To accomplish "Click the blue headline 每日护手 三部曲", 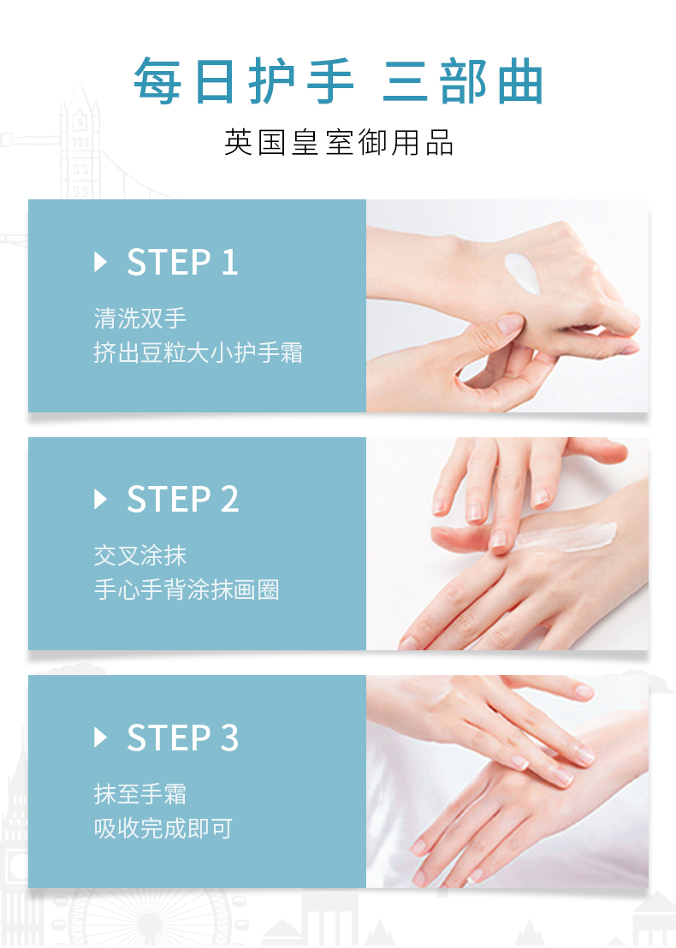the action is point(338,81).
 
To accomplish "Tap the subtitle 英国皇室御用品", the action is point(339,143).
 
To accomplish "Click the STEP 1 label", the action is point(182,263).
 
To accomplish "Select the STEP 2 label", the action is point(182,500).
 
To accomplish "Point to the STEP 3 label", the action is point(182,738).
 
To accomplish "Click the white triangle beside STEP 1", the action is point(100,263).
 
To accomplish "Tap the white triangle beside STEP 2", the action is point(100,500).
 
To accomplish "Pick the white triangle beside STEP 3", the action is point(100,738).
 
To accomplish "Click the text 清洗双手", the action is point(139,318).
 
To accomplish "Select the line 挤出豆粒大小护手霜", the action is point(199,353).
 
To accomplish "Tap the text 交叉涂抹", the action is point(139,555).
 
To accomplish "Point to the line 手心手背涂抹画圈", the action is point(187,590).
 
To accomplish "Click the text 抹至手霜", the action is point(139,793).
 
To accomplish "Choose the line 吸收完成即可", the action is point(163,827).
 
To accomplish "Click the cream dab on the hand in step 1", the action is point(523,273).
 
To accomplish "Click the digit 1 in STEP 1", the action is point(230,263).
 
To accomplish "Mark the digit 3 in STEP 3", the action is point(230,738).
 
